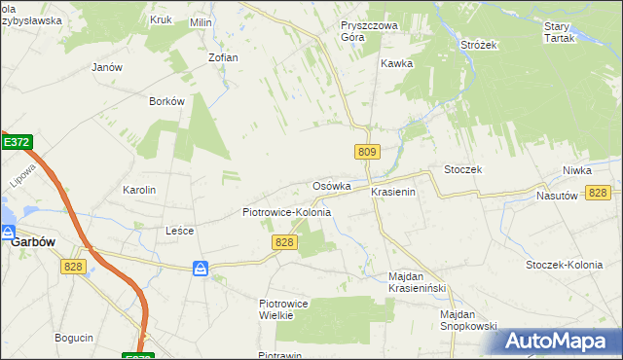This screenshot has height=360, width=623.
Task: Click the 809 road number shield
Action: point(367,152)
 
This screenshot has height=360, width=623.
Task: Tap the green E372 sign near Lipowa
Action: point(16,142)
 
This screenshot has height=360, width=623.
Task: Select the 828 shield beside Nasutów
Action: point(599,193)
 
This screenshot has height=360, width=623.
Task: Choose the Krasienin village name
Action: point(393,193)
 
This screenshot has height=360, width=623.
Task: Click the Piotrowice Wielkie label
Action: point(283,308)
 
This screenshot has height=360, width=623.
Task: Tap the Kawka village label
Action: point(397,63)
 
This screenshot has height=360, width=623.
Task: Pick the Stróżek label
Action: point(479,45)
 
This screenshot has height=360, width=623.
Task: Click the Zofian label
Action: point(223,57)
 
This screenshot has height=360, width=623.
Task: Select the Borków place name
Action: point(166,101)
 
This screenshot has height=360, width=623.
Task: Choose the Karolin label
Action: point(138,190)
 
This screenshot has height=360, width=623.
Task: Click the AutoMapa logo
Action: point(558,342)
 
